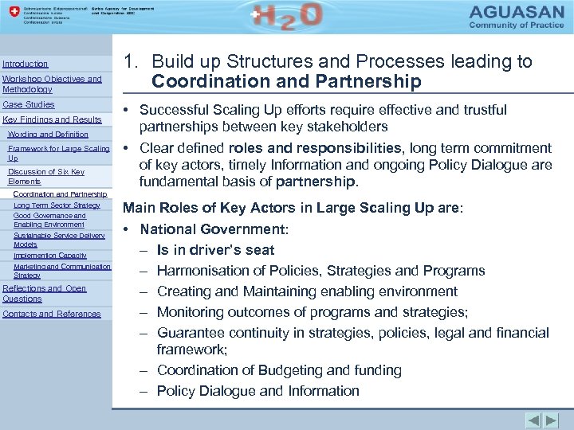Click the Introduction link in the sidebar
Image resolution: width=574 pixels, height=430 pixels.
[x=26, y=64]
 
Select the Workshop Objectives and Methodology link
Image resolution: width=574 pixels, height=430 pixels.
[x=52, y=84]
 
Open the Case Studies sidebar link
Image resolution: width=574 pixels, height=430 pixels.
[x=29, y=105]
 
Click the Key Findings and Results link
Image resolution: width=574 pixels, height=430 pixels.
[x=52, y=120]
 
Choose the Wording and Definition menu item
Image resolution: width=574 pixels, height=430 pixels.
[x=48, y=135]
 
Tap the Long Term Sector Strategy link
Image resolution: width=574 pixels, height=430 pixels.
[x=57, y=205]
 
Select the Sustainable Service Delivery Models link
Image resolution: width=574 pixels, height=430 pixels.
[x=59, y=240]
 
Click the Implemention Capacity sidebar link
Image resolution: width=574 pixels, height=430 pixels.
[x=50, y=256]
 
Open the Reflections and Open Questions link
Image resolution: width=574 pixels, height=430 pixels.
[x=45, y=293]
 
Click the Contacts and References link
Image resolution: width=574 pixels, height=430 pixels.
[x=52, y=314]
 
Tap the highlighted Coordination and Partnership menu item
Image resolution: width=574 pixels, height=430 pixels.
[x=61, y=193]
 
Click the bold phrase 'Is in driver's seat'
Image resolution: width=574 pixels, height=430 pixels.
[x=215, y=250]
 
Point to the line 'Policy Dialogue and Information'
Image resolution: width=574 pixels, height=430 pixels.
[x=258, y=391]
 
